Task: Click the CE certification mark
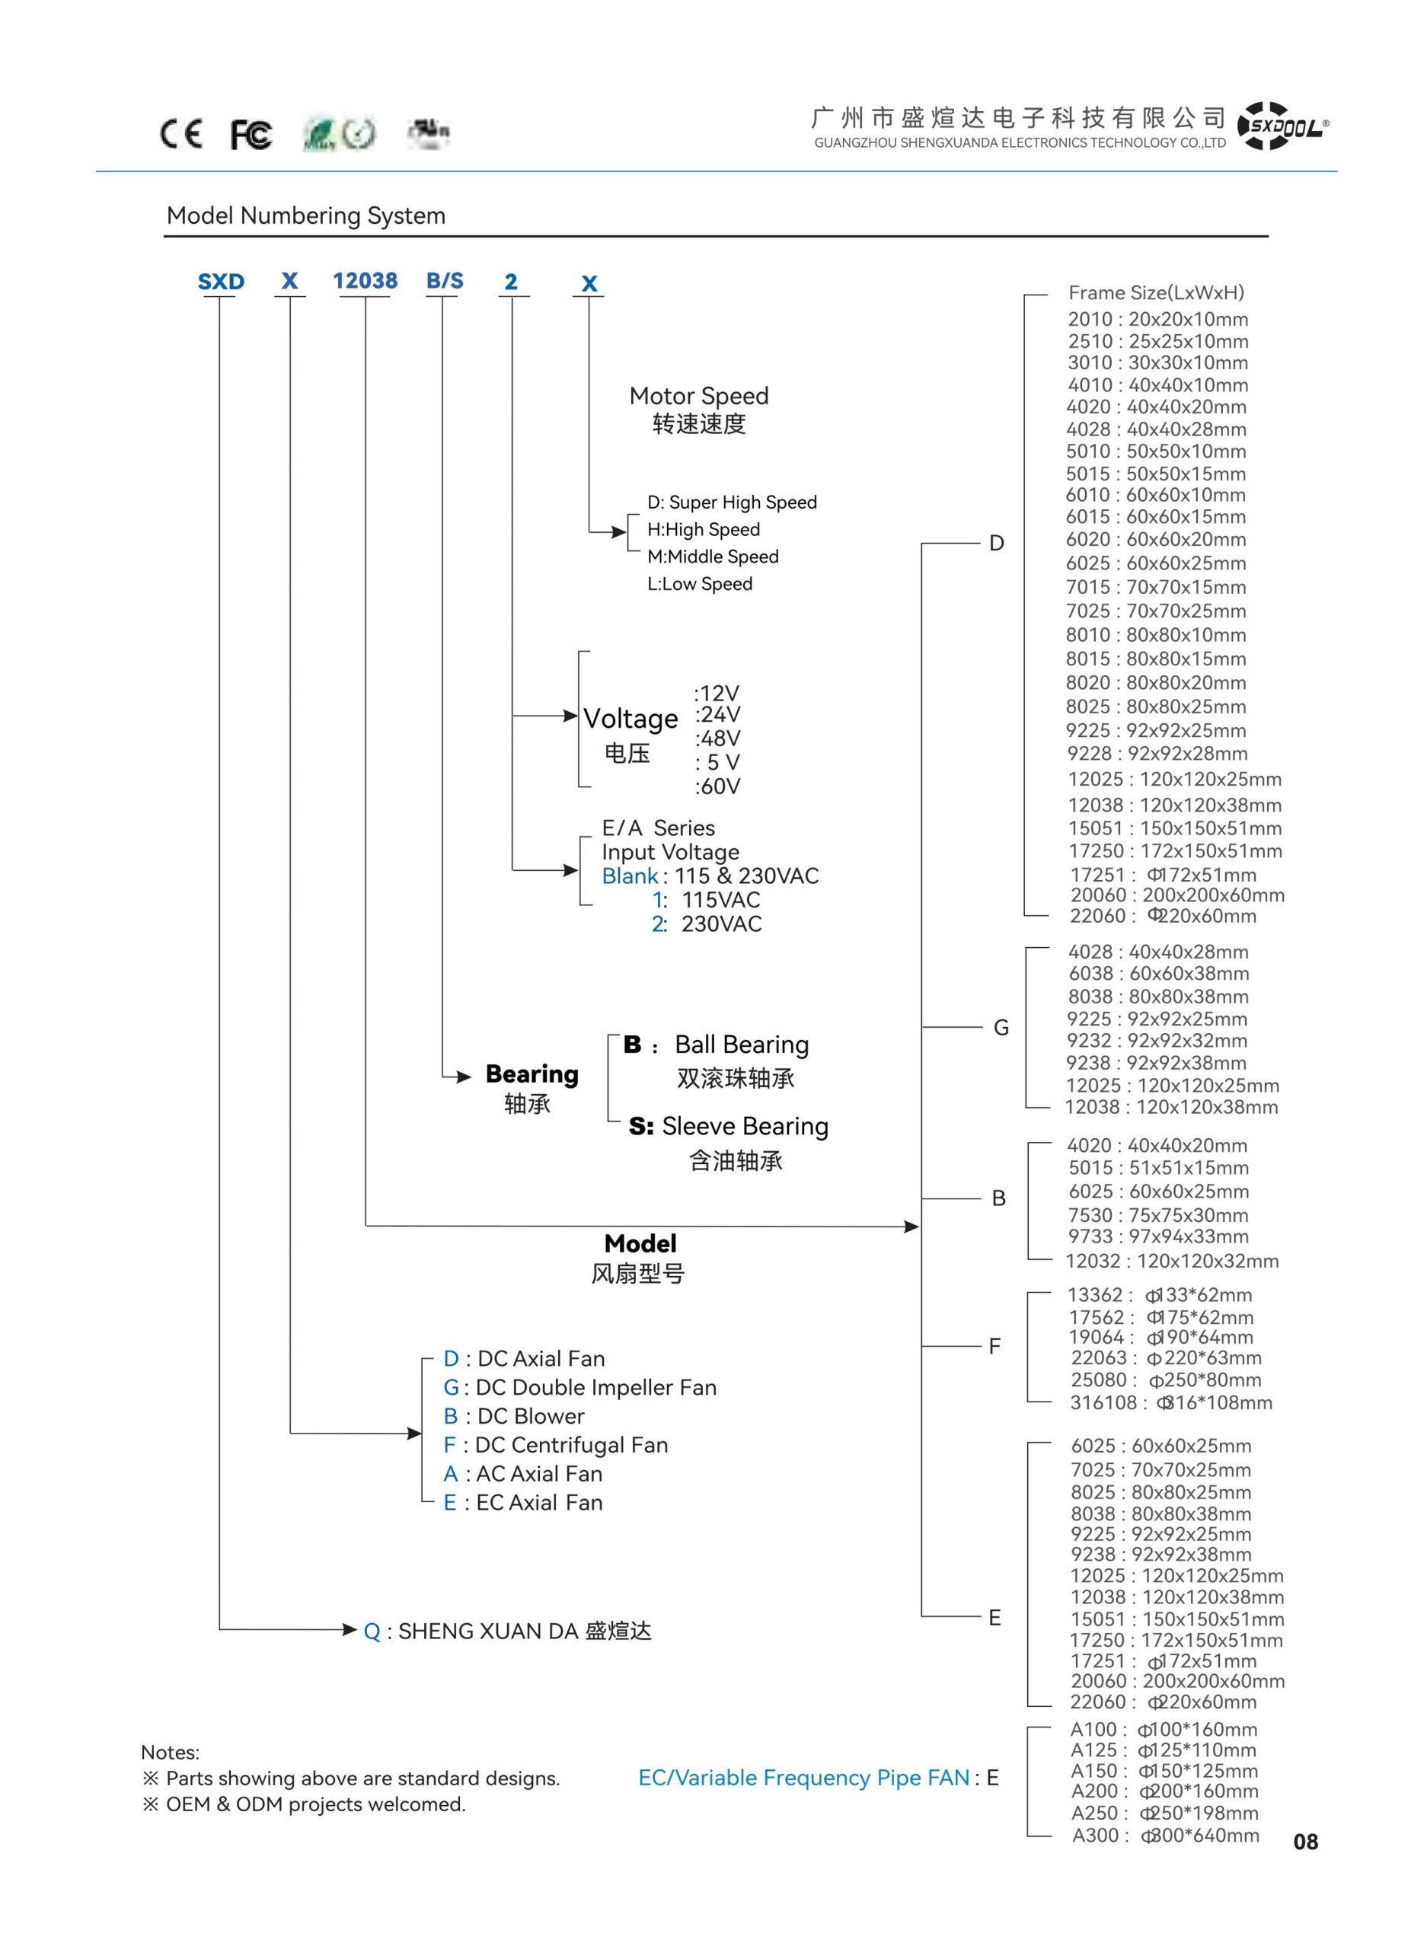[x=181, y=134]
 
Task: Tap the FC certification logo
[x=251, y=135]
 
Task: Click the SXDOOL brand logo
[x=1283, y=126]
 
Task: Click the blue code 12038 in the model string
[x=365, y=281]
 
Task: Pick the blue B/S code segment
[x=445, y=281]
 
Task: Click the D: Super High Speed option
[x=733, y=502]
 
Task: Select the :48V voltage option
[x=718, y=738]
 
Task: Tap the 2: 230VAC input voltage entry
[x=707, y=924]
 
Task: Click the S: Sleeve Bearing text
[x=728, y=1126]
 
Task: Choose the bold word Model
[x=640, y=1243]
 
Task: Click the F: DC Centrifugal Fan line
[x=555, y=1445]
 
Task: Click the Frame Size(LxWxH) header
[x=1157, y=293]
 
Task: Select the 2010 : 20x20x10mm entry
[x=1158, y=320]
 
